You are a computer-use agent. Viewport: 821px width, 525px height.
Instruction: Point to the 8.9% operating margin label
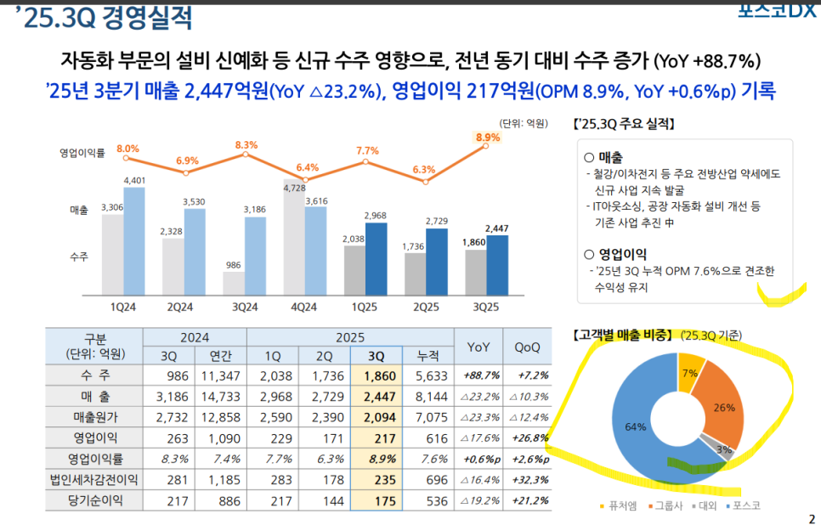[488, 137]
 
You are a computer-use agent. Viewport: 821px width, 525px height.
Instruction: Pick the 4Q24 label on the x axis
[303, 306]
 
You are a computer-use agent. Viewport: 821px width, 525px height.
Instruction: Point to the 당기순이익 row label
[94, 500]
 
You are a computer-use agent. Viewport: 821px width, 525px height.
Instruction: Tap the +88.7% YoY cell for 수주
[480, 375]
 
